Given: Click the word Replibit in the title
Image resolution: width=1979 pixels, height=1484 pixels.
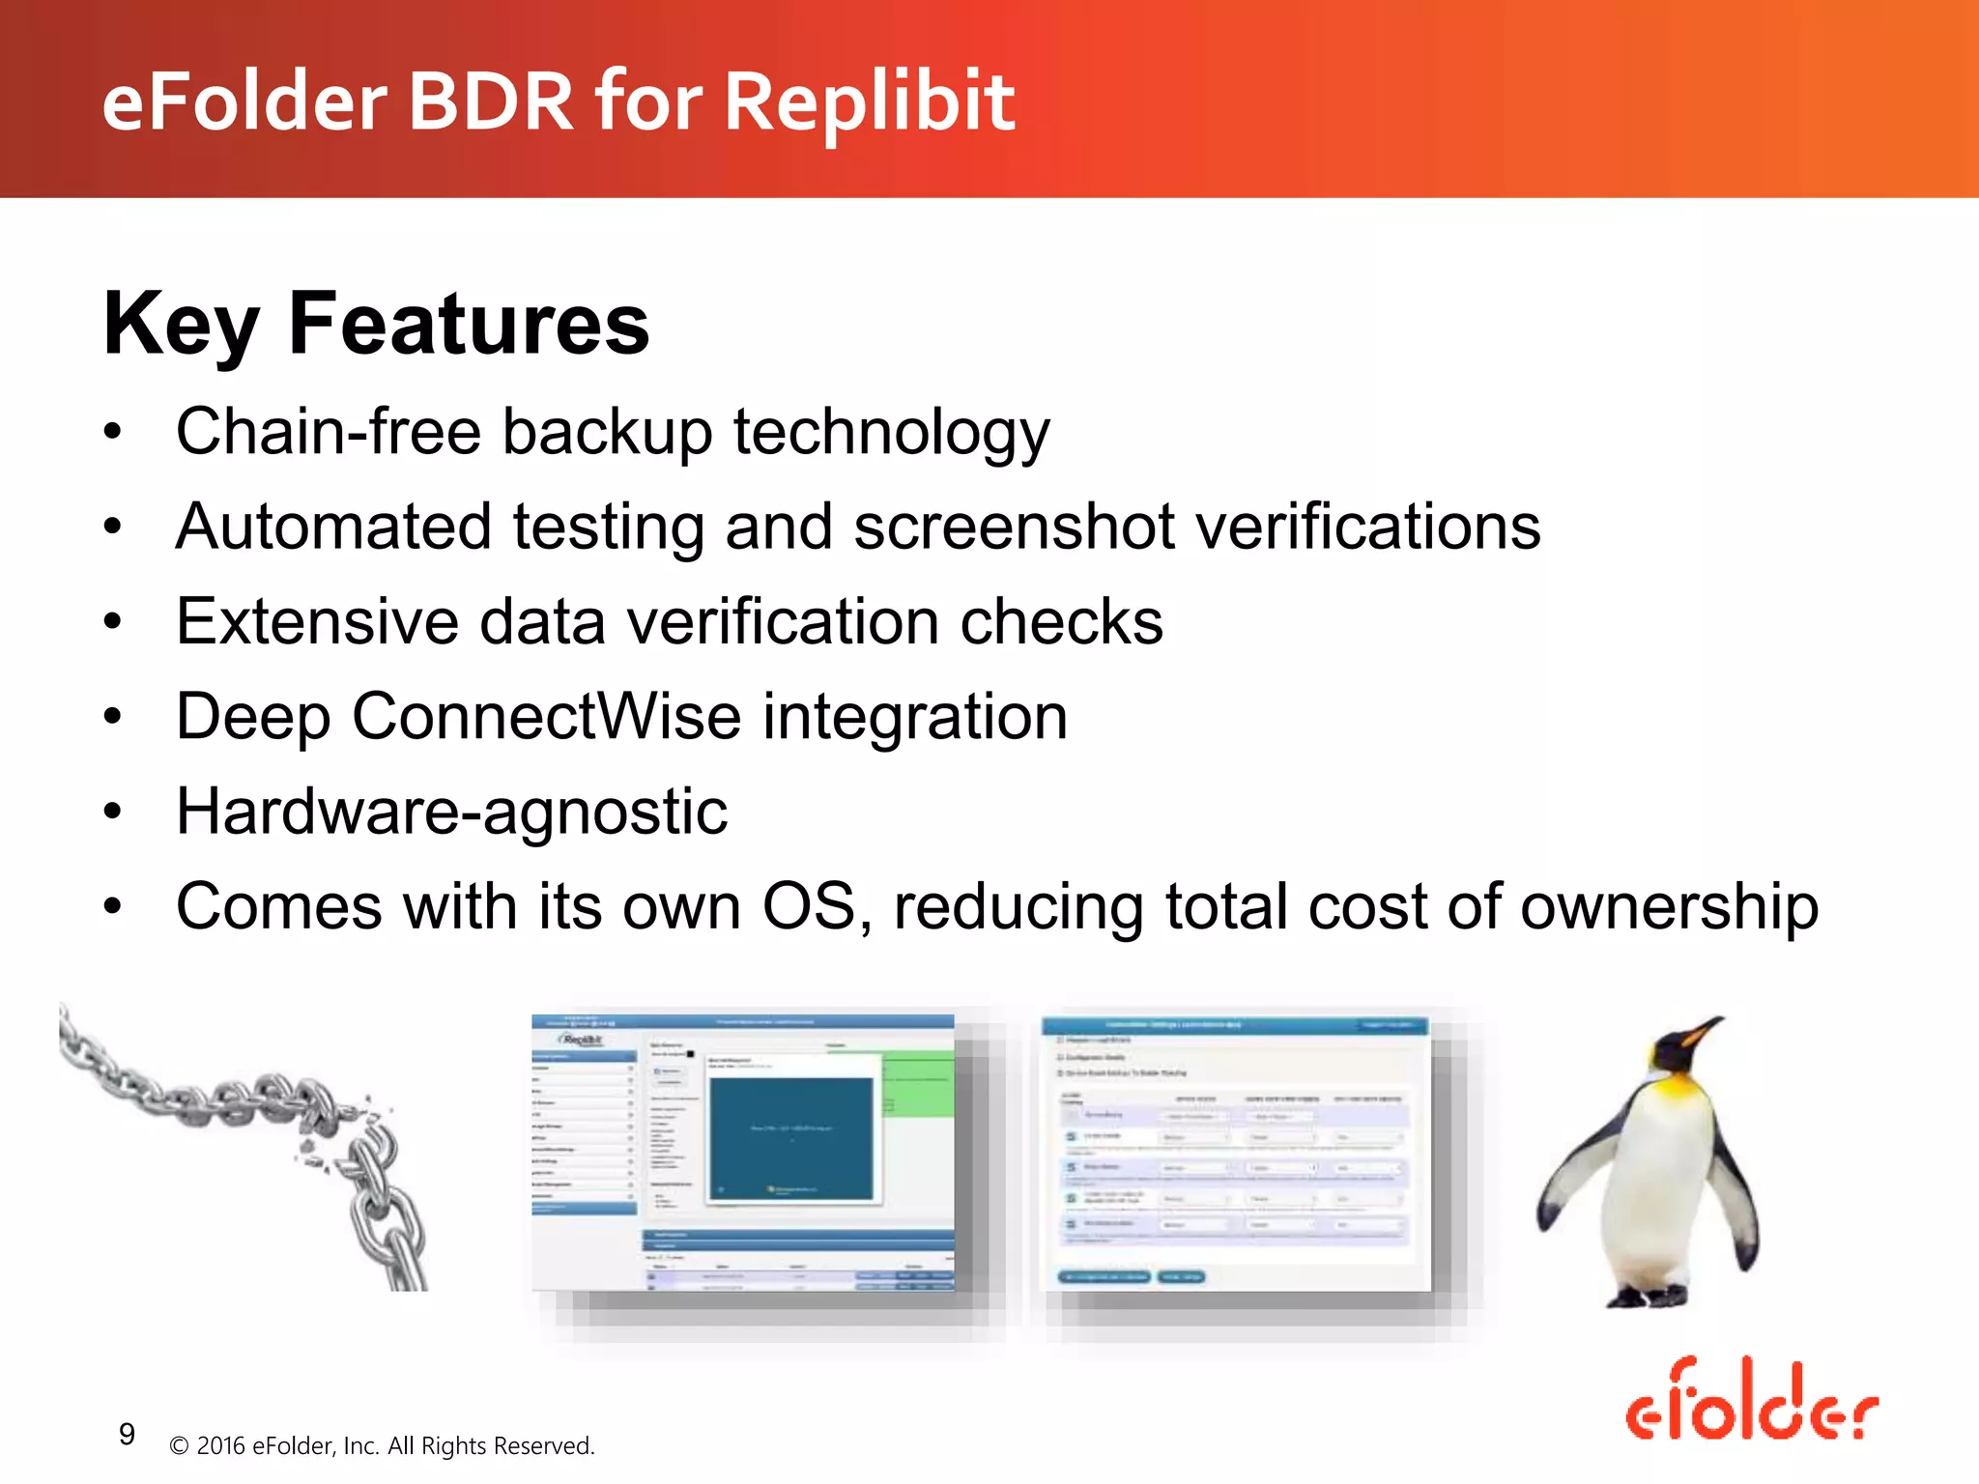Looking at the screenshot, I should tap(869, 101).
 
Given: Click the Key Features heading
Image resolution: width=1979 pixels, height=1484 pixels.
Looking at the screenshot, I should tap(376, 324).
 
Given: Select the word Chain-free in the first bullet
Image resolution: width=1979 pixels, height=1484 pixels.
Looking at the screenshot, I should tap(329, 431).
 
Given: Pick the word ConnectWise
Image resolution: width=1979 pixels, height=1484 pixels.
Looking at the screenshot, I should tap(546, 717).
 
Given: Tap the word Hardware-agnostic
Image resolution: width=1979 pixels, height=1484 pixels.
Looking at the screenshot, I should tap(451, 812).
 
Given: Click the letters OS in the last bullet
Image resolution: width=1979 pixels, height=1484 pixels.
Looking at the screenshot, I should tap(808, 906).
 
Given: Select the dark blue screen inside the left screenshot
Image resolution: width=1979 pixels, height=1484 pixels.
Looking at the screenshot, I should tap(790, 1138).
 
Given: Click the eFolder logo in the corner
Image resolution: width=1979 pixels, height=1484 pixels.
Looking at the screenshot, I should tap(1751, 1402).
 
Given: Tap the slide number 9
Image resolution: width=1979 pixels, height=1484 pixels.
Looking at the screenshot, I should tap(127, 1434).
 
